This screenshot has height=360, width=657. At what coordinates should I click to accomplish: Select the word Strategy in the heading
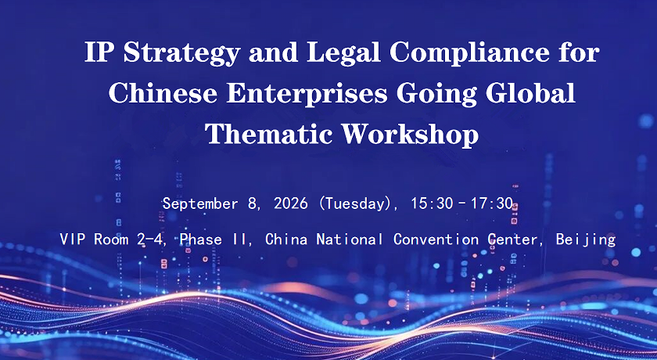[x=181, y=54]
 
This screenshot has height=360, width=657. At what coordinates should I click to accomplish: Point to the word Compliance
[x=469, y=54]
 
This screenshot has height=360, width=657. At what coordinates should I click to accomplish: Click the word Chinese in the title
[x=163, y=93]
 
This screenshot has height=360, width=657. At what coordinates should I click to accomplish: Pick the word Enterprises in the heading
[x=307, y=95]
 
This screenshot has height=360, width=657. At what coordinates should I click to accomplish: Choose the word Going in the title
[x=436, y=95]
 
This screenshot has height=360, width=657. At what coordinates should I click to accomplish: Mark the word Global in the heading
[x=530, y=93]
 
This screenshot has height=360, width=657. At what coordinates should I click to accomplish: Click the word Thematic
[x=268, y=134]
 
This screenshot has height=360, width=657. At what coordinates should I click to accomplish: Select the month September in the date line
[x=200, y=203]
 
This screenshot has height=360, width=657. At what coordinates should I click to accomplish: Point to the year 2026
[x=291, y=203]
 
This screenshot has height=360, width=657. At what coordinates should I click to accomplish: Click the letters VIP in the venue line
[x=73, y=239]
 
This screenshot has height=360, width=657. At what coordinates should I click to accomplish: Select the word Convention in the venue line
[x=436, y=239]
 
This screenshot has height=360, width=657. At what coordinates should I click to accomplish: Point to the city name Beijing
[x=586, y=240]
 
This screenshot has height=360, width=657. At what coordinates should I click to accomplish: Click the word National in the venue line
[x=350, y=239]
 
